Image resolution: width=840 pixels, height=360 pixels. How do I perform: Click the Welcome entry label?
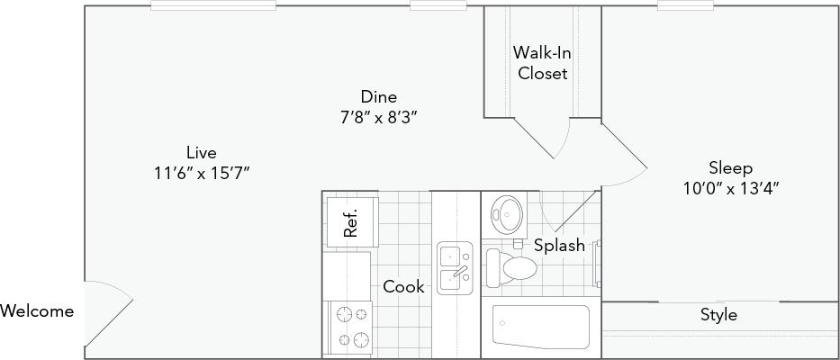click(x=37, y=311)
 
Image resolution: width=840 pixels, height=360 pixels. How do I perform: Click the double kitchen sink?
click(x=456, y=267)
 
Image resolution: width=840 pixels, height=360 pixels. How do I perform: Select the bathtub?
click(x=539, y=329)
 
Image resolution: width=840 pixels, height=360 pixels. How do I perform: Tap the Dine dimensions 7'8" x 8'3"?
click(x=378, y=116)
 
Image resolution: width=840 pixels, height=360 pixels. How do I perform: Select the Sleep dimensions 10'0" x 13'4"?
click(x=729, y=188)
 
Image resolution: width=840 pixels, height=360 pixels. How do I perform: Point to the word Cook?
click(x=402, y=286)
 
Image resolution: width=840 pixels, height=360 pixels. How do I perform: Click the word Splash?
click(x=558, y=245)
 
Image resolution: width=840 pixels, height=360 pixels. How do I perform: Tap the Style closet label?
click(x=718, y=315)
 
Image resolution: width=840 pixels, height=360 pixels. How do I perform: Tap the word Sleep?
click(x=729, y=168)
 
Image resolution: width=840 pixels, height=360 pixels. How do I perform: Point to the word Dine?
click(x=378, y=96)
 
